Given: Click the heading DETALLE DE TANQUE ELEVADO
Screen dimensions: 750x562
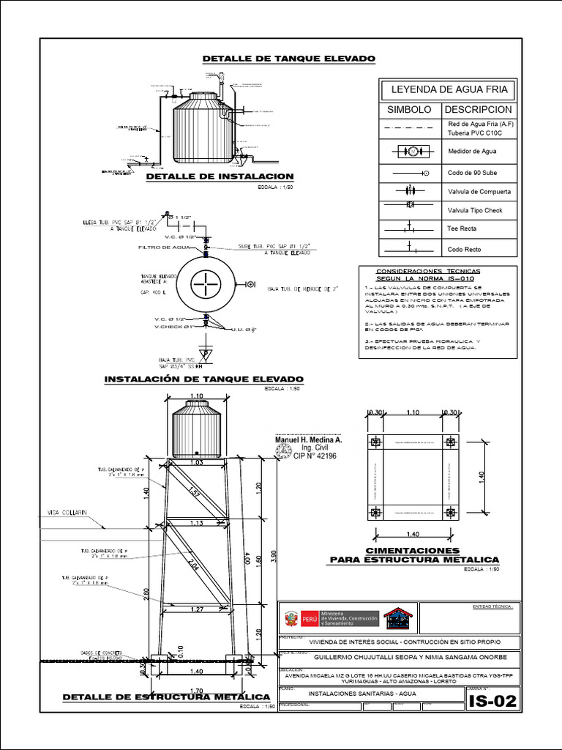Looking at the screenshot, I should pyautogui.click(x=288, y=58).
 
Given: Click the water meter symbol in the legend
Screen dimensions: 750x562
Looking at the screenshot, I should pyautogui.click(x=411, y=151).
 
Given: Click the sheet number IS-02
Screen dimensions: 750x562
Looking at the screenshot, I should pyautogui.click(x=492, y=701).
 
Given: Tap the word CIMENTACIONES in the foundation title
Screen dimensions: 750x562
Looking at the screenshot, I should pyautogui.click(x=413, y=550).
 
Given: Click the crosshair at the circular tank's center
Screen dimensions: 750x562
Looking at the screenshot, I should pyautogui.click(x=209, y=283).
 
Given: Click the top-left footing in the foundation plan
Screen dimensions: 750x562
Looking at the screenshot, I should pyautogui.click(x=375, y=442).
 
